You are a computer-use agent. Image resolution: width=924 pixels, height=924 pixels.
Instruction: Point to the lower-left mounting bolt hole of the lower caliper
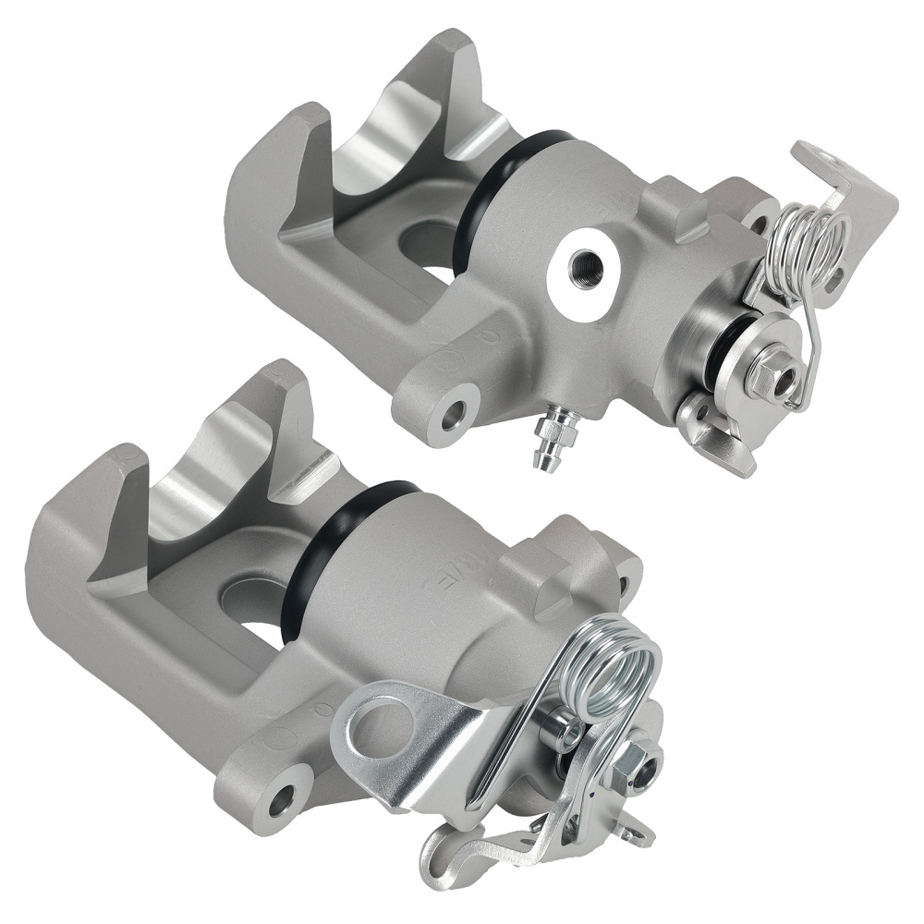[x=281, y=801]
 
